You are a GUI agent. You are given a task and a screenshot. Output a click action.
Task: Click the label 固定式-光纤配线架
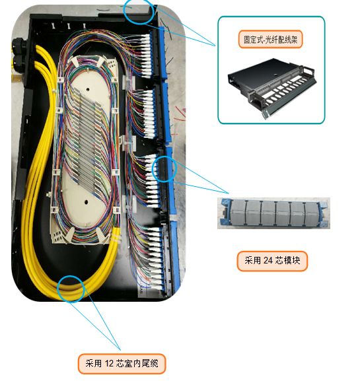pos(270,39)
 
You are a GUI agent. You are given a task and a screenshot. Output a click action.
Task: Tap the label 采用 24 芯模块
pos(272,261)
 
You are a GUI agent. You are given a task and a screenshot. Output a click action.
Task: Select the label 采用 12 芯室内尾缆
pos(122,364)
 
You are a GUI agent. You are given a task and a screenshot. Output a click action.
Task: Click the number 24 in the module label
pos(268,261)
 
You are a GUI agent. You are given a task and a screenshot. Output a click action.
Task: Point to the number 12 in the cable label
pos(110,364)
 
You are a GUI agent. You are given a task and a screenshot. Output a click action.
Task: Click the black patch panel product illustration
pos(272,87)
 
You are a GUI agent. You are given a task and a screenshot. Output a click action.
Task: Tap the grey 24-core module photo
pos(273,213)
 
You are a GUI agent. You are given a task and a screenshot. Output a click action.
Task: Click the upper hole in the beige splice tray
pos(87,90)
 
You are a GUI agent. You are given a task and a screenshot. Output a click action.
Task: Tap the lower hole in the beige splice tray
pos(86,201)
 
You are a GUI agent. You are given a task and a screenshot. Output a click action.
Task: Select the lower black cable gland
pos(19,63)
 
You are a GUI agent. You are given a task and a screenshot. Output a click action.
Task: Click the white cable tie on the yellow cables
pos(116,238)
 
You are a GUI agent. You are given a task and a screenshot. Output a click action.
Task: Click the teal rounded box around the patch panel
pos(218,70)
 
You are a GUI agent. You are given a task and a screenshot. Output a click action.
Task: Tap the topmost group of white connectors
pos(145,55)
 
